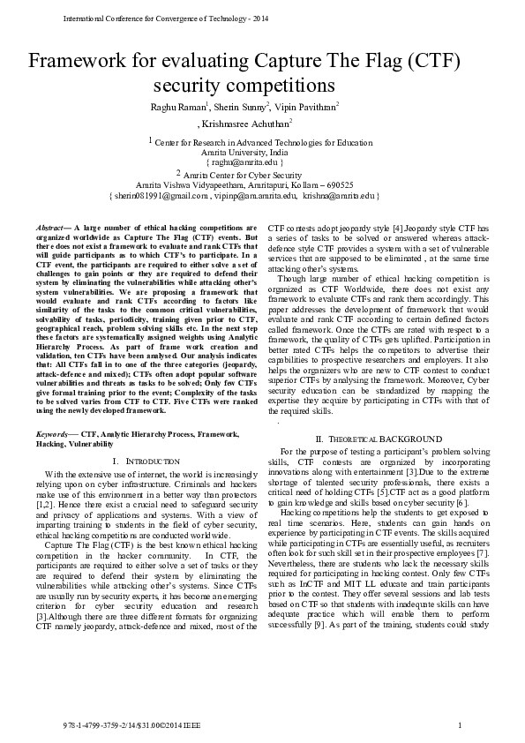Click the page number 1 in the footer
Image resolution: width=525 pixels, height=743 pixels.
[461, 725]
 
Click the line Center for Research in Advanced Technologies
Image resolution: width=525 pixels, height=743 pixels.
[263, 141]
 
